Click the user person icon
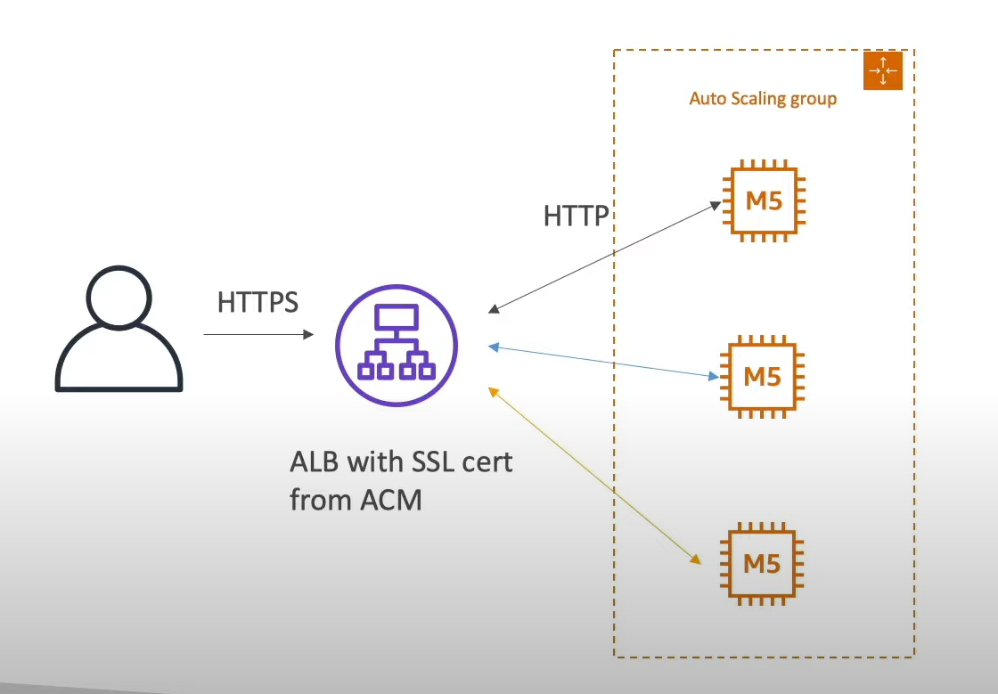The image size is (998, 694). pos(119,331)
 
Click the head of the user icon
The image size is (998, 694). pos(119,296)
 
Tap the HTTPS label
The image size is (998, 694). pos(258,302)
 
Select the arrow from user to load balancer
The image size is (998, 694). pos(258,334)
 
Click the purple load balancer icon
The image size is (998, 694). pos(396,345)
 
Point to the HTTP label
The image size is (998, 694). pos(577,216)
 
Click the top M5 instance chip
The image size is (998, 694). pos(763,200)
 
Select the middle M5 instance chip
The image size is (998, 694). pos(763,376)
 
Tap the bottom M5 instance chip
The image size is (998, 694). pos(763,564)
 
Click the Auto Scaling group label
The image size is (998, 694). pos(763,98)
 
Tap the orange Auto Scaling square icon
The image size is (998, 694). pos(883,70)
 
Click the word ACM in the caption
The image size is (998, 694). pos(390,500)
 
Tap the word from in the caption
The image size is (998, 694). pos(320,500)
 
